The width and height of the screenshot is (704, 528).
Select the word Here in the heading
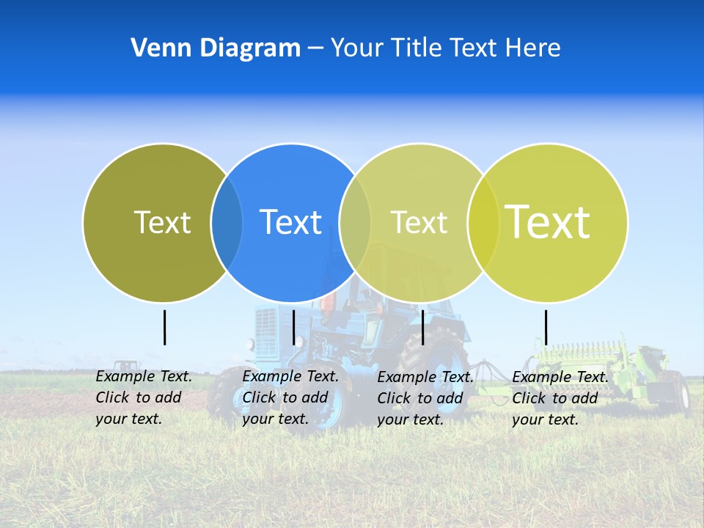click(x=533, y=48)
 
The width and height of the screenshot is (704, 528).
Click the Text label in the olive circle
click(x=162, y=222)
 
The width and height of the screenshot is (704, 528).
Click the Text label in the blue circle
click(x=290, y=222)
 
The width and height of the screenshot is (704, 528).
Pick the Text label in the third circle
click(x=419, y=222)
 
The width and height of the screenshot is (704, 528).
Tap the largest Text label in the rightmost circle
click(x=548, y=221)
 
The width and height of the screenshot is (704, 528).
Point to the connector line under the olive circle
click(x=164, y=327)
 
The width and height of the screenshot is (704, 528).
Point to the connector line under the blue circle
click(x=293, y=327)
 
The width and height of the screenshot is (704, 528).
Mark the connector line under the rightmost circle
click(x=546, y=327)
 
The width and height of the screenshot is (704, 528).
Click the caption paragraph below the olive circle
click(x=144, y=397)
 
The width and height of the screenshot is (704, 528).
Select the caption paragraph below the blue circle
click(x=290, y=397)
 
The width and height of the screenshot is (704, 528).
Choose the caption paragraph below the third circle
click(x=425, y=398)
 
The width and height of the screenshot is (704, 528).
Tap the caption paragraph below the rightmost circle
click(x=560, y=398)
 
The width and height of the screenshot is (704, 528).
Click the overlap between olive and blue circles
click(x=227, y=222)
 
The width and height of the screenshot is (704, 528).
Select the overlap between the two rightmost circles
click(x=483, y=222)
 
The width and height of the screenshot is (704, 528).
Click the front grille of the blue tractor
click(x=267, y=330)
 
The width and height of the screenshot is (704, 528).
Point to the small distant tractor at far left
click(x=126, y=366)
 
